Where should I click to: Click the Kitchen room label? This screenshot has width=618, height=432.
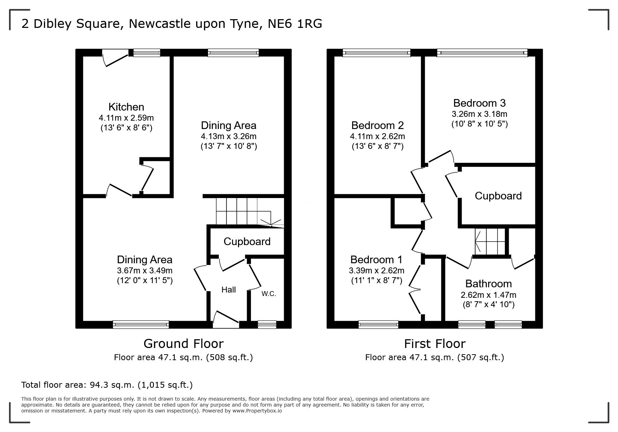(x=126, y=107)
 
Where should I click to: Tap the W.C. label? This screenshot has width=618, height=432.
(x=269, y=294)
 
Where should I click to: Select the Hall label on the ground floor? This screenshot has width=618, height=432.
(x=229, y=290)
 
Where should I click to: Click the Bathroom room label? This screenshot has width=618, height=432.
(x=489, y=284)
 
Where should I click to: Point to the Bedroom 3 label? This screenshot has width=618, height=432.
(x=479, y=103)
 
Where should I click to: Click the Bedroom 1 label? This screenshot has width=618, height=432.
(x=376, y=260)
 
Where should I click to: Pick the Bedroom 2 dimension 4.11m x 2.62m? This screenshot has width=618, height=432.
(x=377, y=136)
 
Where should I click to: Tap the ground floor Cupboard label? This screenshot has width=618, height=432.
(x=247, y=242)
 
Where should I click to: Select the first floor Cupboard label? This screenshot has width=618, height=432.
(x=498, y=196)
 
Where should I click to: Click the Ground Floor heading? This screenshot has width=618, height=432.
(x=184, y=344)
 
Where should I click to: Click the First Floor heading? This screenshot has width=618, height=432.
(x=435, y=344)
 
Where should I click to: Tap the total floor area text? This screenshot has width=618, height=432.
(x=107, y=385)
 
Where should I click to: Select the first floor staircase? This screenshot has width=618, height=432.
(x=490, y=242)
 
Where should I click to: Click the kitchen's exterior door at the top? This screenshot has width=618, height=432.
(x=116, y=58)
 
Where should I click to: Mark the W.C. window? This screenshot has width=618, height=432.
(x=267, y=325)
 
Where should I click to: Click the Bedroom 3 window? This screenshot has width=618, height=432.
(x=482, y=53)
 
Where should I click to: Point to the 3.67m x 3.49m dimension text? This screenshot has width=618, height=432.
(x=145, y=271)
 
